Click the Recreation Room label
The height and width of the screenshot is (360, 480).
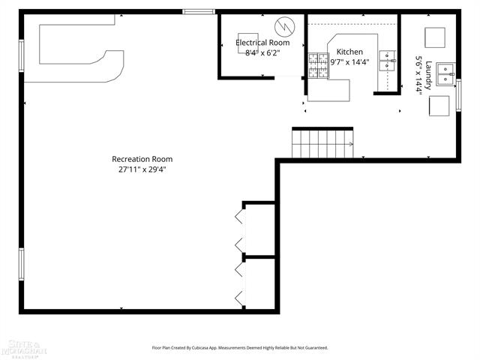tap(142, 159)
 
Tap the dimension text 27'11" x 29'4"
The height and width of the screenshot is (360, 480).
tap(142, 169)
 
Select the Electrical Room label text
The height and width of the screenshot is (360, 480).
tap(262, 43)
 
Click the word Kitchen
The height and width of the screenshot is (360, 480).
tap(349, 52)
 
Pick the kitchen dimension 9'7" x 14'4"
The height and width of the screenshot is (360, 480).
tap(350, 62)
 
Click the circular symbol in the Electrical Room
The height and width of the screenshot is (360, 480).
tap(284, 27)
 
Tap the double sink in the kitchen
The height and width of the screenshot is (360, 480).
tap(388, 60)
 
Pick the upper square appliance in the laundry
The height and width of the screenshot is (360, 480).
tap(435, 37)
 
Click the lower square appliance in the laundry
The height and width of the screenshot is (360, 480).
tap(439, 106)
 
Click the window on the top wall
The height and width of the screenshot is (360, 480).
tap(199, 11)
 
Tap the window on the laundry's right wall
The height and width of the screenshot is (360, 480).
tap(458, 94)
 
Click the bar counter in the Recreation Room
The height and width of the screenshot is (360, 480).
tap(75, 56)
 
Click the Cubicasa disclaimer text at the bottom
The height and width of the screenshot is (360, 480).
tap(239, 347)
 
